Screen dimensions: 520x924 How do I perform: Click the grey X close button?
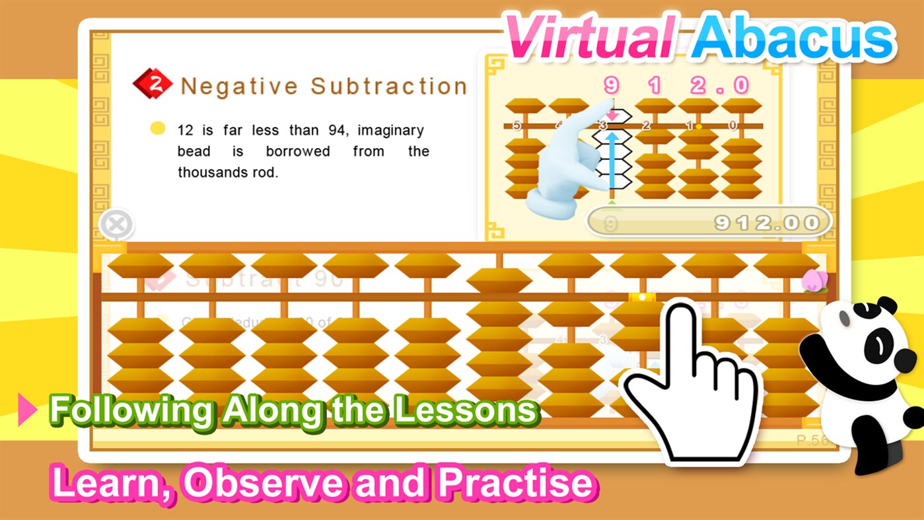pyautogui.click(x=116, y=225)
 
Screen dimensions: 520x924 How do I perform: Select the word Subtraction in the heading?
pyautogui.click(x=389, y=86)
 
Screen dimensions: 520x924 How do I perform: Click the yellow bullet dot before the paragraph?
pyautogui.click(x=157, y=128)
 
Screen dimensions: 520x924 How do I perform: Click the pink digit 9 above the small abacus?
pyautogui.click(x=611, y=85)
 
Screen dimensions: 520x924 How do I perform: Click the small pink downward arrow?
pyautogui.click(x=612, y=116)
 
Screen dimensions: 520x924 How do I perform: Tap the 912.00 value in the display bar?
pyautogui.click(x=767, y=223)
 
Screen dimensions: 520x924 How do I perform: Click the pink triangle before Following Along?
pyautogui.click(x=27, y=410)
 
